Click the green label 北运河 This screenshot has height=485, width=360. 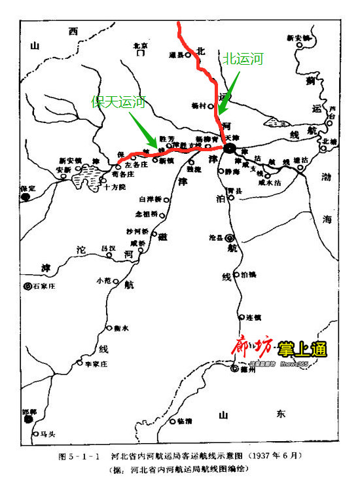point(243,60)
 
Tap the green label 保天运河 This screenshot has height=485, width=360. point(118,101)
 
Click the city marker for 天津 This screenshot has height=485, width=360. point(230,149)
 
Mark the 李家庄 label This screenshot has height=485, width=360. point(96,363)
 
